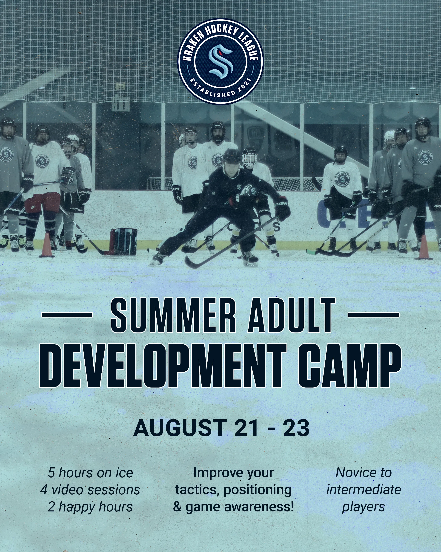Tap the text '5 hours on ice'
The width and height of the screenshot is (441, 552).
(x=90, y=473)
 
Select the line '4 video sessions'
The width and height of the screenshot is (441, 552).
(x=90, y=490)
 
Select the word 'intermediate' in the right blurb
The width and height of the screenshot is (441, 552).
(x=364, y=490)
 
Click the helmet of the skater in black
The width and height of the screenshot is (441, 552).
(x=232, y=156)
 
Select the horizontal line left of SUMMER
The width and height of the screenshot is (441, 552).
(x=67, y=315)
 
